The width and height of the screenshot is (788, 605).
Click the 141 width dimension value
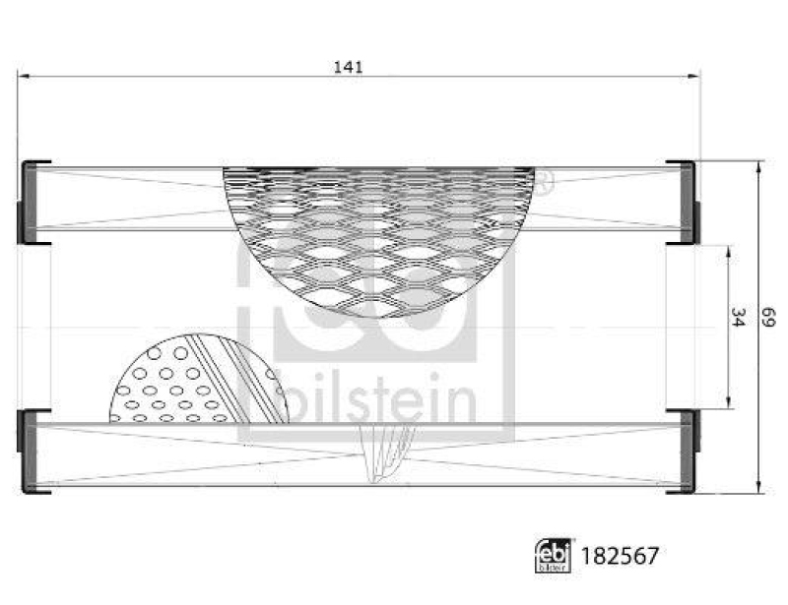(x=349, y=67)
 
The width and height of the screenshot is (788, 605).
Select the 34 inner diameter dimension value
(x=737, y=317)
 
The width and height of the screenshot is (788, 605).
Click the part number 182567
(x=622, y=556)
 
